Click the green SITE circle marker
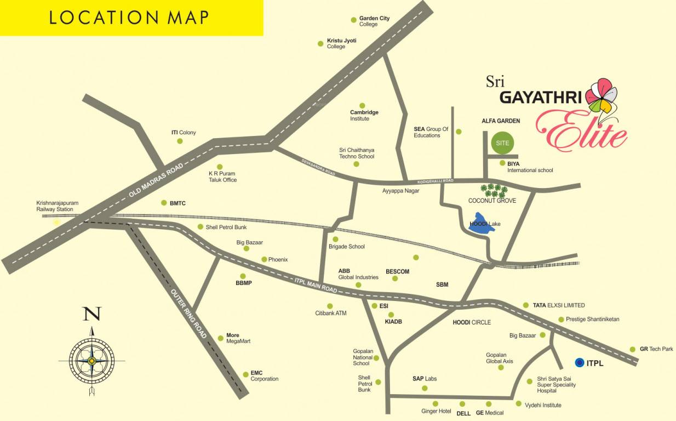502,143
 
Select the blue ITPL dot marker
579,362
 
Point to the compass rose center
91,361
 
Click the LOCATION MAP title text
129,17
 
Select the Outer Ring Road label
188,313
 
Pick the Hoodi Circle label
471,322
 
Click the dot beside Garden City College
353,20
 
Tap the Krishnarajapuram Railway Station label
57,206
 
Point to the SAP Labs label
424,379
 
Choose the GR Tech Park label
656,349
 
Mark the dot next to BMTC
163,203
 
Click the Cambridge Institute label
364,115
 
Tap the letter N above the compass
91,315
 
